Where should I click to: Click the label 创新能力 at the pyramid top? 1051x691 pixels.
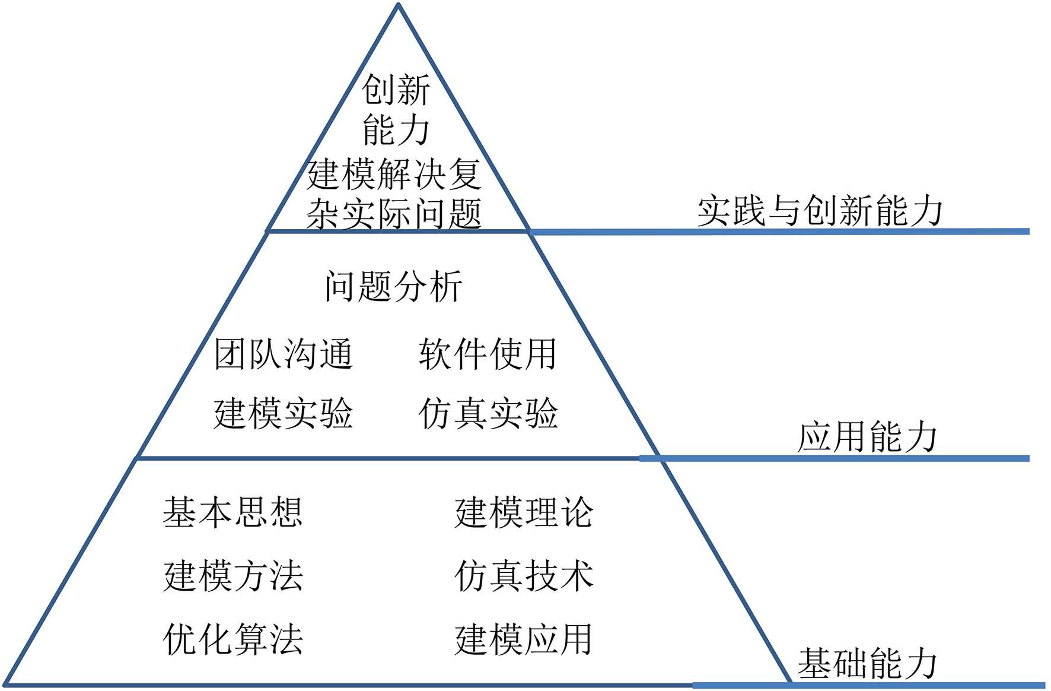(x=396, y=110)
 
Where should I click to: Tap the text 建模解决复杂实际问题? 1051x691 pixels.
(x=393, y=194)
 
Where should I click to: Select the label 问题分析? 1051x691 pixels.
(x=393, y=287)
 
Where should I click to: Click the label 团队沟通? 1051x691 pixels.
(x=284, y=354)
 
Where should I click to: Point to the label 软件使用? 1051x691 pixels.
(x=488, y=354)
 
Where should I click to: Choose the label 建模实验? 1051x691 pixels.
(x=284, y=414)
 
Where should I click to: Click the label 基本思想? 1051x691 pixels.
(x=233, y=512)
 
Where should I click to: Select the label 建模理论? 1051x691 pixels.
(x=524, y=512)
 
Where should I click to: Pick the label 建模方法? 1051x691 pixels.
(x=233, y=576)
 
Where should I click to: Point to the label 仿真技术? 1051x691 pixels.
(x=524, y=576)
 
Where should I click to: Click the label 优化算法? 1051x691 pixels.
(x=233, y=639)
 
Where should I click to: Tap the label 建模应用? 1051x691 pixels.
(x=524, y=639)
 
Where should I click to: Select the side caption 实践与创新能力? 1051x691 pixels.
(x=820, y=211)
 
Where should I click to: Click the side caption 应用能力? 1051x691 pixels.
(x=867, y=438)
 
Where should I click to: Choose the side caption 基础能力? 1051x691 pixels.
(x=867, y=664)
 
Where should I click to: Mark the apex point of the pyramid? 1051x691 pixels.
(x=399, y=5)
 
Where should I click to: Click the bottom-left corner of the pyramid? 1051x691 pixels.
(x=7, y=684)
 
